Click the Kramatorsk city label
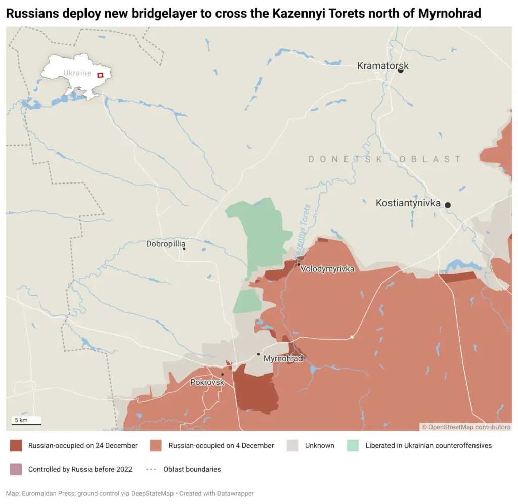tap(382, 66)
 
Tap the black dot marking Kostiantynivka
tap(448, 205)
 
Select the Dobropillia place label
tap(165, 244)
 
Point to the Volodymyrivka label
tap(327, 269)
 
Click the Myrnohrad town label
tap(283, 359)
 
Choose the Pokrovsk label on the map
tap(206, 382)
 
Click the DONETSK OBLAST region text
tap(384, 159)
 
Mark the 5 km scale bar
tap(27, 424)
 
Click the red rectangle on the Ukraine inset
tap(100, 75)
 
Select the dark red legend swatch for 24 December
tap(16, 445)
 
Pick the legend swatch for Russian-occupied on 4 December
tap(156, 445)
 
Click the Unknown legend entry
tap(319, 445)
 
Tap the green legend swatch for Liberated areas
tap(353, 445)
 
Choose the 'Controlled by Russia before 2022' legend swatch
tap(16, 469)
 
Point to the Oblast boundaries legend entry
tap(192, 469)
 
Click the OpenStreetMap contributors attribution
tap(466, 427)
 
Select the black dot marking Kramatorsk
tap(401, 70)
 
